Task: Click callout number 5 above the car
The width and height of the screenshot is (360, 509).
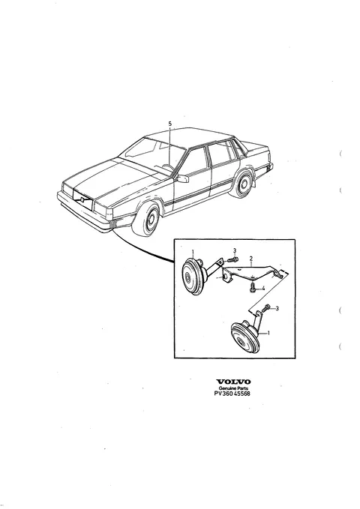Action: (170, 124)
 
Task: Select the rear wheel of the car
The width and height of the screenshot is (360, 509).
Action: (241, 184)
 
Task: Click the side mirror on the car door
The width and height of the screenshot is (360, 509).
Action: (182, 178)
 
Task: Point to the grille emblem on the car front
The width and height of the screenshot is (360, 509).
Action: (82, 199)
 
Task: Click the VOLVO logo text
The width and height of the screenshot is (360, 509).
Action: (233, 382)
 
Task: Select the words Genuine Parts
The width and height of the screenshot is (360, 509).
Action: (233, 388)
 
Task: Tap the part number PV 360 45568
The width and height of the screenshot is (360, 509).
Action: (232, 394)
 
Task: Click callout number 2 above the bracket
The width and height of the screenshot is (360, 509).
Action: (251, 259)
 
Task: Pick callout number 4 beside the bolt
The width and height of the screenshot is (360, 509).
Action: (263, 288)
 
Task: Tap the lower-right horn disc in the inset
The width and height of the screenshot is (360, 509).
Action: (244, 338)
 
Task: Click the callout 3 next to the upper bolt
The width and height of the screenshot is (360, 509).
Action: (235, 250)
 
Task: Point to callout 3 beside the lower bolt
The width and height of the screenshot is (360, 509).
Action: (277, 308)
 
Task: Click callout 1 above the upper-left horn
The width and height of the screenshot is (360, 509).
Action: (193, 252)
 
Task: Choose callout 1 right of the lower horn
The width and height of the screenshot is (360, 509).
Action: (268, 333)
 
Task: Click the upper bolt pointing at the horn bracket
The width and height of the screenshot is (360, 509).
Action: (232, 259)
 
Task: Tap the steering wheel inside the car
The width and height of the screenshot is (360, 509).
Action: (168, 167)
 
